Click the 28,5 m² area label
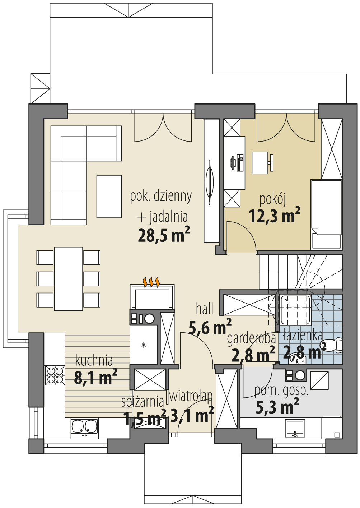click(164, 235)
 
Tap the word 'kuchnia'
click(94, 360)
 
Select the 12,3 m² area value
click(274, 216)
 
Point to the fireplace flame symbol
click(151, 282)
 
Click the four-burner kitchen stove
click(55, 375)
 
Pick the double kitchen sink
click(84, 427)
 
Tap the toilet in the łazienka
click(332, 345)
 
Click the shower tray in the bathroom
click(295, 310)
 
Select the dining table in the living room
click(69, 278)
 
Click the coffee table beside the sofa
click(109, 197)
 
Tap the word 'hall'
click(205, 309)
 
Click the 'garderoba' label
click(251, 338)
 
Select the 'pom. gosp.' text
click(281, 391)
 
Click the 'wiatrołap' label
click(191, 396)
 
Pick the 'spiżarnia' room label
click(142, 402)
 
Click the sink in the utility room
click(295, 428)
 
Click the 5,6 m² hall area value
click(210, 327)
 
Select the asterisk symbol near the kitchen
click(144, 345)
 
